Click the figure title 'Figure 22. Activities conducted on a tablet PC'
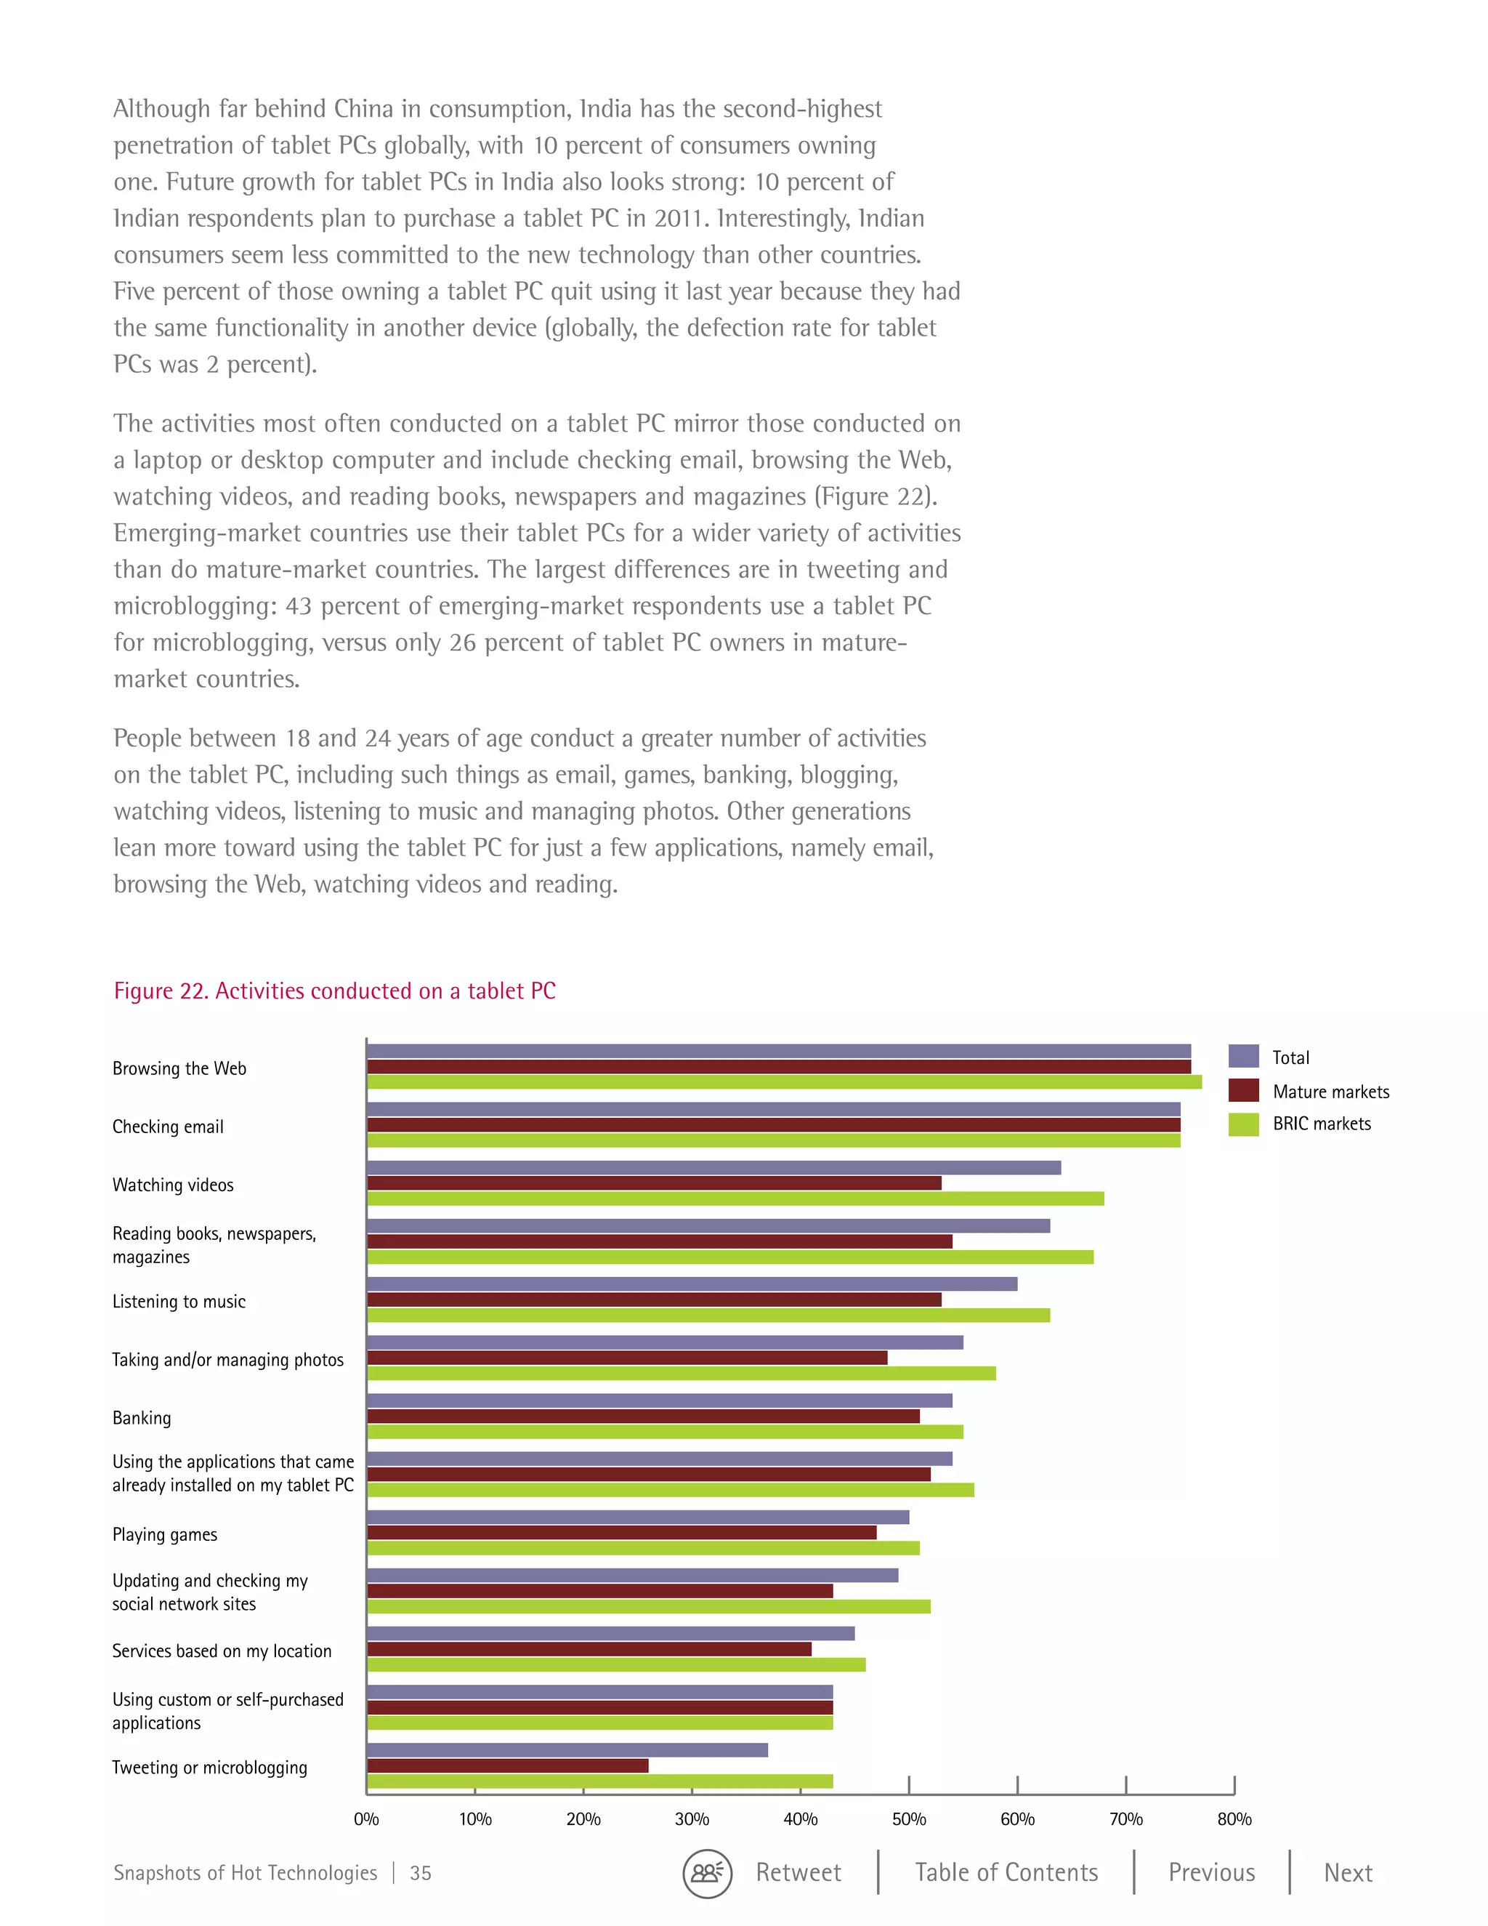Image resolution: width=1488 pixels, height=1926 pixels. point(334,991)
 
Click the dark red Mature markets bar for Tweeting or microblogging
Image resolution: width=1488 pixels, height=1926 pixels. point(508,1765)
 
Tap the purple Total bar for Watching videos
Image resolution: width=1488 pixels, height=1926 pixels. point(713,1168)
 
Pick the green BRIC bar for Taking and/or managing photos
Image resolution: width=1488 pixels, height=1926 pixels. point(681,1373)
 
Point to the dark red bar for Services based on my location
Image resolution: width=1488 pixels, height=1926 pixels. point(589,1649)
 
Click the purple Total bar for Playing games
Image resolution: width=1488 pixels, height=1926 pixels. point(637,1517)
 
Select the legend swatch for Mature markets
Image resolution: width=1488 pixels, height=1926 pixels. point(1243,1091)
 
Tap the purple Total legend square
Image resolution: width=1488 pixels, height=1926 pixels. point(1243,1057)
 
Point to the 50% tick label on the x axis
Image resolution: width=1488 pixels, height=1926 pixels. point(908,1819)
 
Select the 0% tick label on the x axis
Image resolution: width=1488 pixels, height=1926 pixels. point(366,1819)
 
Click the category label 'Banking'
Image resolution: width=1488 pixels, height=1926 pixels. point(142,1418)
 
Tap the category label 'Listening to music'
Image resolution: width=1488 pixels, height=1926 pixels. point(179,1302)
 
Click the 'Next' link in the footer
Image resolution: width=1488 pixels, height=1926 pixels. point(1348,1873)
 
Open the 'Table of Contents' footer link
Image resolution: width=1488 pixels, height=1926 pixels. point(1006,1873)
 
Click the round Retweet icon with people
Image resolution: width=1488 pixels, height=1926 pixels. point(707,1873)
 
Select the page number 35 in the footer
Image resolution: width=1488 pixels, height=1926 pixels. point(421,1873)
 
